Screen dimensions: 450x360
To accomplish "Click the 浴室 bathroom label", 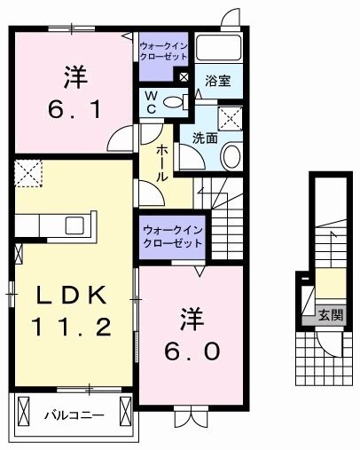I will tap(218, 81).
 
